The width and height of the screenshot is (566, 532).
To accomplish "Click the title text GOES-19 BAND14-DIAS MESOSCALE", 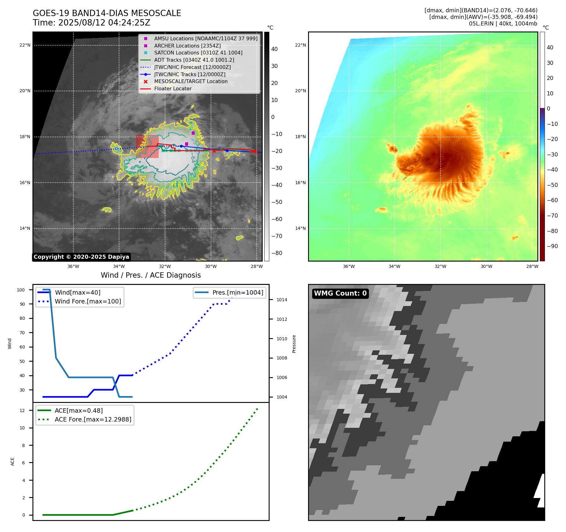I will click(107, 13).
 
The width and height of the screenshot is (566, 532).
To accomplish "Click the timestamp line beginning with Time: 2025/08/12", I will click(91, 23).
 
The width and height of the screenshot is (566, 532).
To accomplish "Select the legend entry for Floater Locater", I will click(173, 89).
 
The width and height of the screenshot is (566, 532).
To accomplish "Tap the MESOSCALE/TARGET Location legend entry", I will click(191, 82).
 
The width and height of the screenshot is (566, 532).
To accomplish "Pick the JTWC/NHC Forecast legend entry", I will click(192, 67).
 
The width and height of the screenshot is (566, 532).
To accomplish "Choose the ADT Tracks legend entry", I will click(194, 60).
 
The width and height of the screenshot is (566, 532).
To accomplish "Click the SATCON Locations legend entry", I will click(198, 53).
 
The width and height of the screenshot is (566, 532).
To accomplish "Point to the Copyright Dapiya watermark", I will click(81, 257).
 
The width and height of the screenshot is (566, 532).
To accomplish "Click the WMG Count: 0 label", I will click(340, 293).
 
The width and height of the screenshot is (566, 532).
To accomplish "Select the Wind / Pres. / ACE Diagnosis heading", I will click(151, 275).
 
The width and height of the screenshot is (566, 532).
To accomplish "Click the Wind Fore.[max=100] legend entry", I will click(88, 301).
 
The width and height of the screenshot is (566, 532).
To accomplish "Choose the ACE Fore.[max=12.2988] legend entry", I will click(93, 419).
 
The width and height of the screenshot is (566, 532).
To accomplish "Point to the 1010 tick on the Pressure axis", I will click(282, 339).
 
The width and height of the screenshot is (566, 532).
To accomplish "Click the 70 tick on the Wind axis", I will click(22, 333).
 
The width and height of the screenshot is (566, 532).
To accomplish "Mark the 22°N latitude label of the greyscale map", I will click(25, 45).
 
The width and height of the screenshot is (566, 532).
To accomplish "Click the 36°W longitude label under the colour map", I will click(349, 266).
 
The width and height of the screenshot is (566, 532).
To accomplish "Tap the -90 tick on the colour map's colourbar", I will click(552, 246).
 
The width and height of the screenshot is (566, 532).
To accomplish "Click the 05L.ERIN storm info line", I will click(503, 24).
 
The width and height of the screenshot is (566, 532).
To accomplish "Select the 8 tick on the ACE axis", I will click(24, 445).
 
